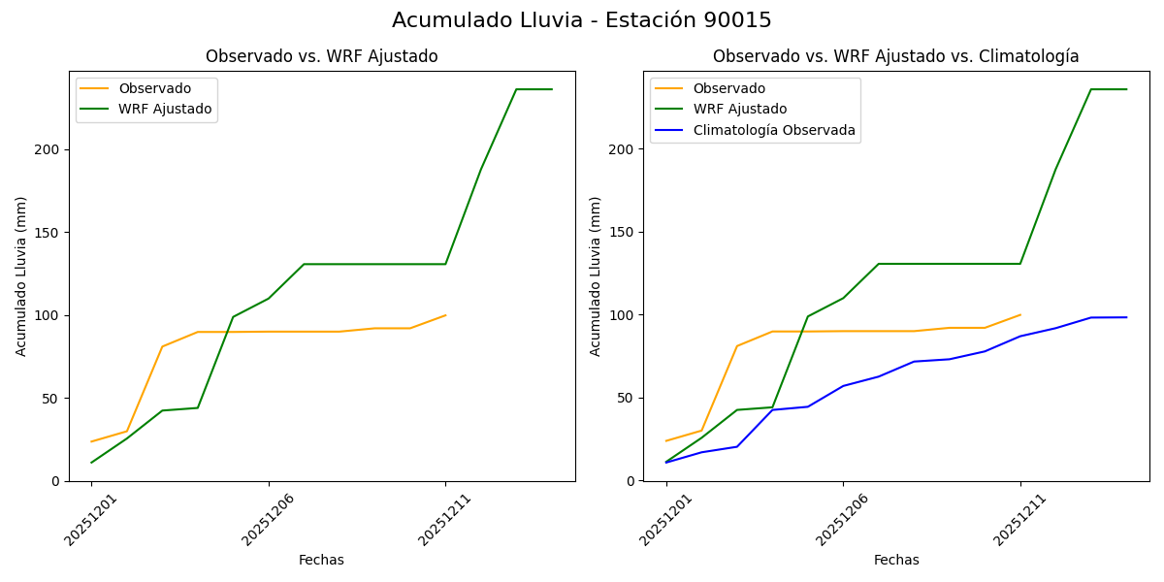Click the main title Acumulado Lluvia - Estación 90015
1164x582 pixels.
click(582, 20)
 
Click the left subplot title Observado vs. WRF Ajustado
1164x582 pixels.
click(321, 57)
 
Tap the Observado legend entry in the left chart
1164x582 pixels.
click(154, 89)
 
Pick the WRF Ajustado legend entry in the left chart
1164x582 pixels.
click(165, 109)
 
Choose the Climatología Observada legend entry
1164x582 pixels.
click(773, 130)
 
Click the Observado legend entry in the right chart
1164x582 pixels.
click(728, 89)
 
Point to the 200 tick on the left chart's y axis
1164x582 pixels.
click(49, 149)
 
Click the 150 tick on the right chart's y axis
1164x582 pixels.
click(624, 233)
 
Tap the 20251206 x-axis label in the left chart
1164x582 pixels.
click(268, 520)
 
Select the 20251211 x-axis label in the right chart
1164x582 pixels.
click(1019, 520)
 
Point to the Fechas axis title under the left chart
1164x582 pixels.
click(321, 561)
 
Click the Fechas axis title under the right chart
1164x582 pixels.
click(896, 561)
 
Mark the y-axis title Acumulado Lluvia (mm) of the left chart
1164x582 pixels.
click(21, 276)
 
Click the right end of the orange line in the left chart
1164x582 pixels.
click(445, 315)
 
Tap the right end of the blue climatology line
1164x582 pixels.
click(1126, 317)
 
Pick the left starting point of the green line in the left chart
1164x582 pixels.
click(91, 463)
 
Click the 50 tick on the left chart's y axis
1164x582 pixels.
click(53, 399)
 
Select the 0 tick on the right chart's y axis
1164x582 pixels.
click(630, 481)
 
